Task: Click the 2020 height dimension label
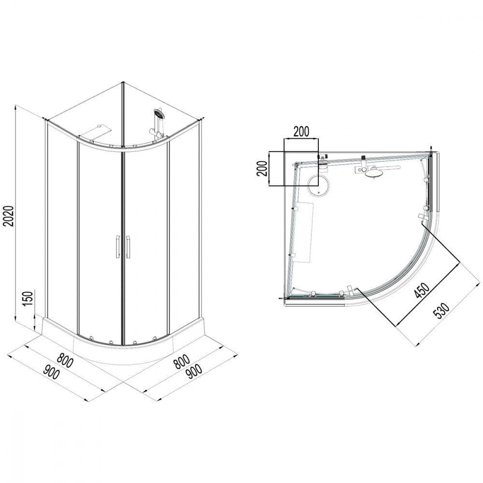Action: pyautogui.click(x=9, y=216)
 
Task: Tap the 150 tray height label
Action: pyautogui.click(x=28, y=298)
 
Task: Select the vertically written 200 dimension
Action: pyautogui.click(x=262, y=168)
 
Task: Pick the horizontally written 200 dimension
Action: pyautogui.click(x=301, y=131)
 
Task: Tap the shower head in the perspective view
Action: pyautogui.click(x=159, y=114)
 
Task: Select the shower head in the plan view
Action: pyautogui.click(x=373, y=173)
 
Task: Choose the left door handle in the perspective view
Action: pyautogui.click(x=117, y=246)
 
